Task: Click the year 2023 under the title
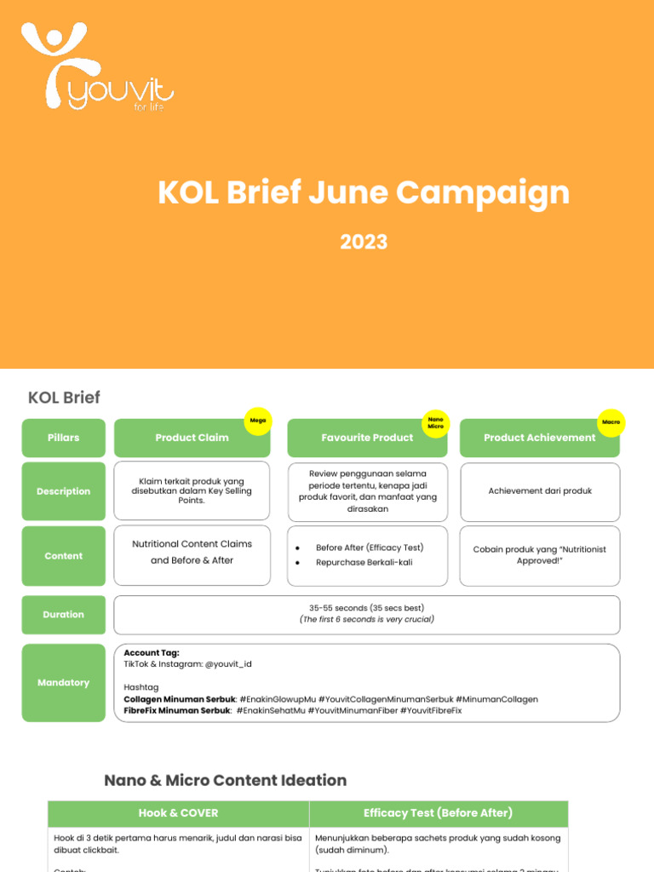coord(364,242)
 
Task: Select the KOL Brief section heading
coord(64,398)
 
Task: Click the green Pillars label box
coord(64,438)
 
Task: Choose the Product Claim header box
coord(192,438)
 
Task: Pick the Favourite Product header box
coord(367,438)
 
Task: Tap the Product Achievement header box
coord(539,438)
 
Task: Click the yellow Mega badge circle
coord(256,421)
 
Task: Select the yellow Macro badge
coord(611,422)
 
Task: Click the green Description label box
coord(64,491)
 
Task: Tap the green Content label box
coord(64,556)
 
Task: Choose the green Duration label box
coord(64,614)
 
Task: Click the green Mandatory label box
coord(64,682)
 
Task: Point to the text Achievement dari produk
coord(540,490)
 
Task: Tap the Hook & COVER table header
coord(178,812)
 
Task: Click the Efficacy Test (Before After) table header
coord(438,812)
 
